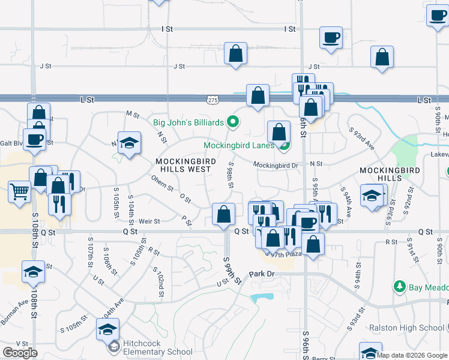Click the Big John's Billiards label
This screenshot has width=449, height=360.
[188, 123]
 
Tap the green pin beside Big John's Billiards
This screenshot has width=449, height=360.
[234, 123]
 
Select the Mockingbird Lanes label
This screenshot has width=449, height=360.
[239, 145]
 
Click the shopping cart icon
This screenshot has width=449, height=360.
[20, 193]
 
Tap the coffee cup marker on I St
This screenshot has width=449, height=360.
[331, 38]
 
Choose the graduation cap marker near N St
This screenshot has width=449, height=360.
[129, 144]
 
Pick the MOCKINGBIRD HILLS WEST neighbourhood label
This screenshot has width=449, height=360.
[183, 166]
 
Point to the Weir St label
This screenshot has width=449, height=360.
[149, 221]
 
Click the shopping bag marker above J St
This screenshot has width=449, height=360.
[236, 53]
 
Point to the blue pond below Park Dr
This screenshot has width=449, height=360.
[259, 297]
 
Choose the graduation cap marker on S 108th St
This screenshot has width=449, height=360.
[34, 273]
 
